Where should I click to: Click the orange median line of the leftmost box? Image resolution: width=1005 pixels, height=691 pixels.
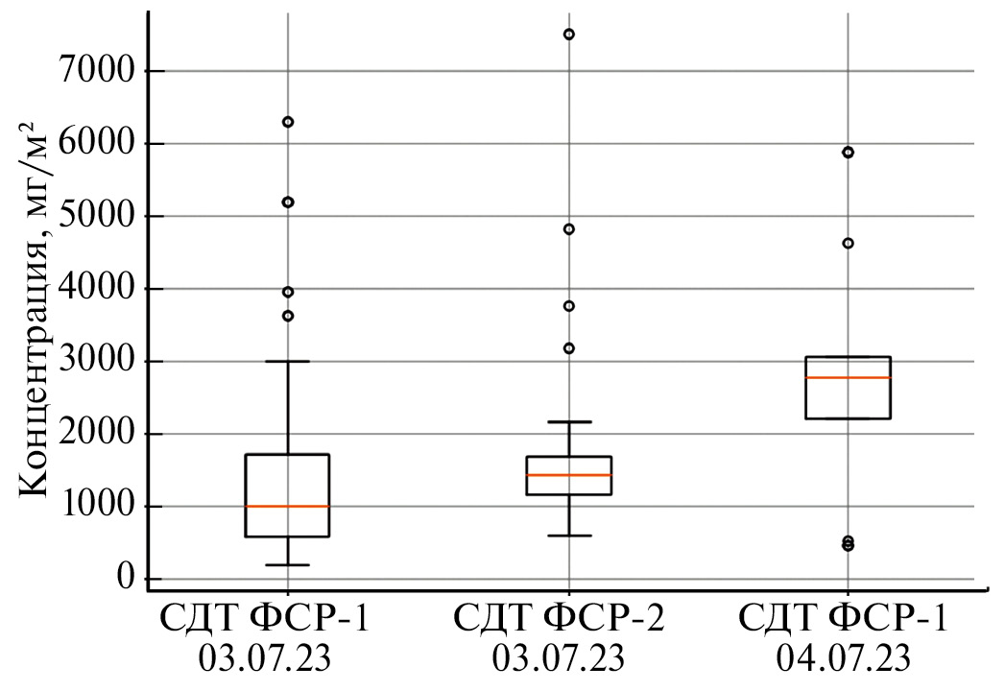click(288, 506)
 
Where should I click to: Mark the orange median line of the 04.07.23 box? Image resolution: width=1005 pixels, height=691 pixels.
click(849, 378)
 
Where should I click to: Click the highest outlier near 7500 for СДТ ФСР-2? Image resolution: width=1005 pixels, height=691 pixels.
click(568, 35)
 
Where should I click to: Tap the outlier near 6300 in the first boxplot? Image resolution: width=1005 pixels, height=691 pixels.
click(288, 122)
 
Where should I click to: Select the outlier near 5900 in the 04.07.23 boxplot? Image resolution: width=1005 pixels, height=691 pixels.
click(849, 153)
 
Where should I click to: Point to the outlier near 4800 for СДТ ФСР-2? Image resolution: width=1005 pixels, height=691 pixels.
click(568, 229)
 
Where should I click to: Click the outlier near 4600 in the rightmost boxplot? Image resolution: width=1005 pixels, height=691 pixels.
click(849, 244)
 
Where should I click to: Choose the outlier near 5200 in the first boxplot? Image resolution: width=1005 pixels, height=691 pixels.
click(288, 203)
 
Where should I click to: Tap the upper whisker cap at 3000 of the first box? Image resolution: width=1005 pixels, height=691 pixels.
click(288, 362)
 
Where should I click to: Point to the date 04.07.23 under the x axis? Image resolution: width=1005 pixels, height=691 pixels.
click(844, 660)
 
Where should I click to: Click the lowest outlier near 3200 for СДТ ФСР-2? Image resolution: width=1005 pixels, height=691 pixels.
click(568, 348)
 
